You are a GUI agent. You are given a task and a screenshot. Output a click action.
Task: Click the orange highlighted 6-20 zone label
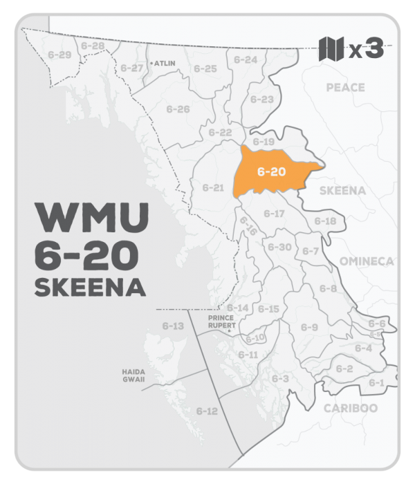272,171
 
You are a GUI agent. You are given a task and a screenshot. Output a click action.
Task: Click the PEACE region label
345,88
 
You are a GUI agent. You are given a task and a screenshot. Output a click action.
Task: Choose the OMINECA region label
366,261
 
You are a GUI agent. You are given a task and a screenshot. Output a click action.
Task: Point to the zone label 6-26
178,109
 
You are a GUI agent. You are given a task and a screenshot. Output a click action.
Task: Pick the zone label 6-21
213,187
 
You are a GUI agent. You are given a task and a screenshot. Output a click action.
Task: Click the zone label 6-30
279,247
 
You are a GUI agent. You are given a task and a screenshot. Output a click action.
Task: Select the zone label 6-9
309,326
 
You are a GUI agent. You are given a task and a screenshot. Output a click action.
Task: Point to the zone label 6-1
376,382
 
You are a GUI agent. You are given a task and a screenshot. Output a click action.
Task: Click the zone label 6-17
275,214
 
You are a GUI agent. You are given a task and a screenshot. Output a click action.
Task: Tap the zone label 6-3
280,378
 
